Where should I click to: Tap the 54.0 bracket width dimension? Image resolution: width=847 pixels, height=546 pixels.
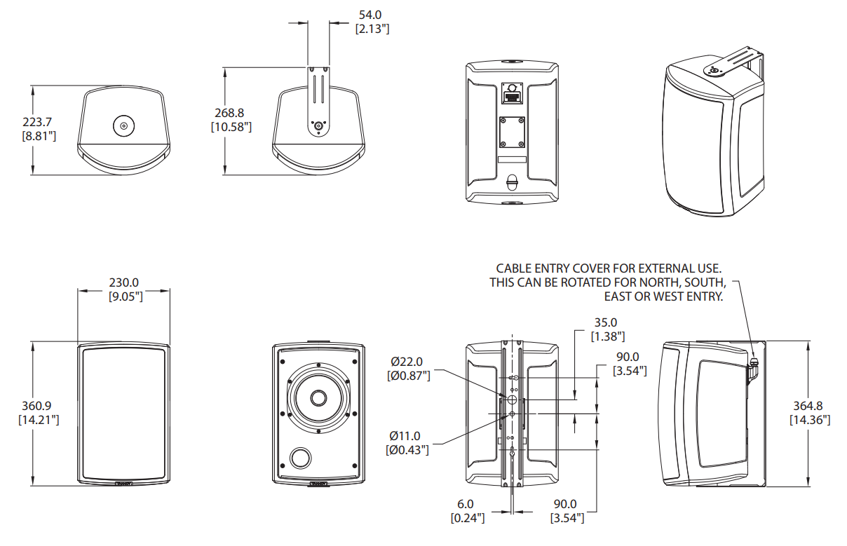(x=371, y=15)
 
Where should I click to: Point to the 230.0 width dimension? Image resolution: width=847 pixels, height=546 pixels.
(x=125, y=282)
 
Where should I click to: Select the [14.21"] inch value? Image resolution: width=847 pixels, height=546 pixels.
(x=38, y=420)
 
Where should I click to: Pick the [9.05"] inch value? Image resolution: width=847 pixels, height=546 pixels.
(x=125, y=296)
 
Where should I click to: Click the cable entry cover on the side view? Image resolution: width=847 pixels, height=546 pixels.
(x=754, y=365)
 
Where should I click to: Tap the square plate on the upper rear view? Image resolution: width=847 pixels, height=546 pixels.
(x=512, y=132)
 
